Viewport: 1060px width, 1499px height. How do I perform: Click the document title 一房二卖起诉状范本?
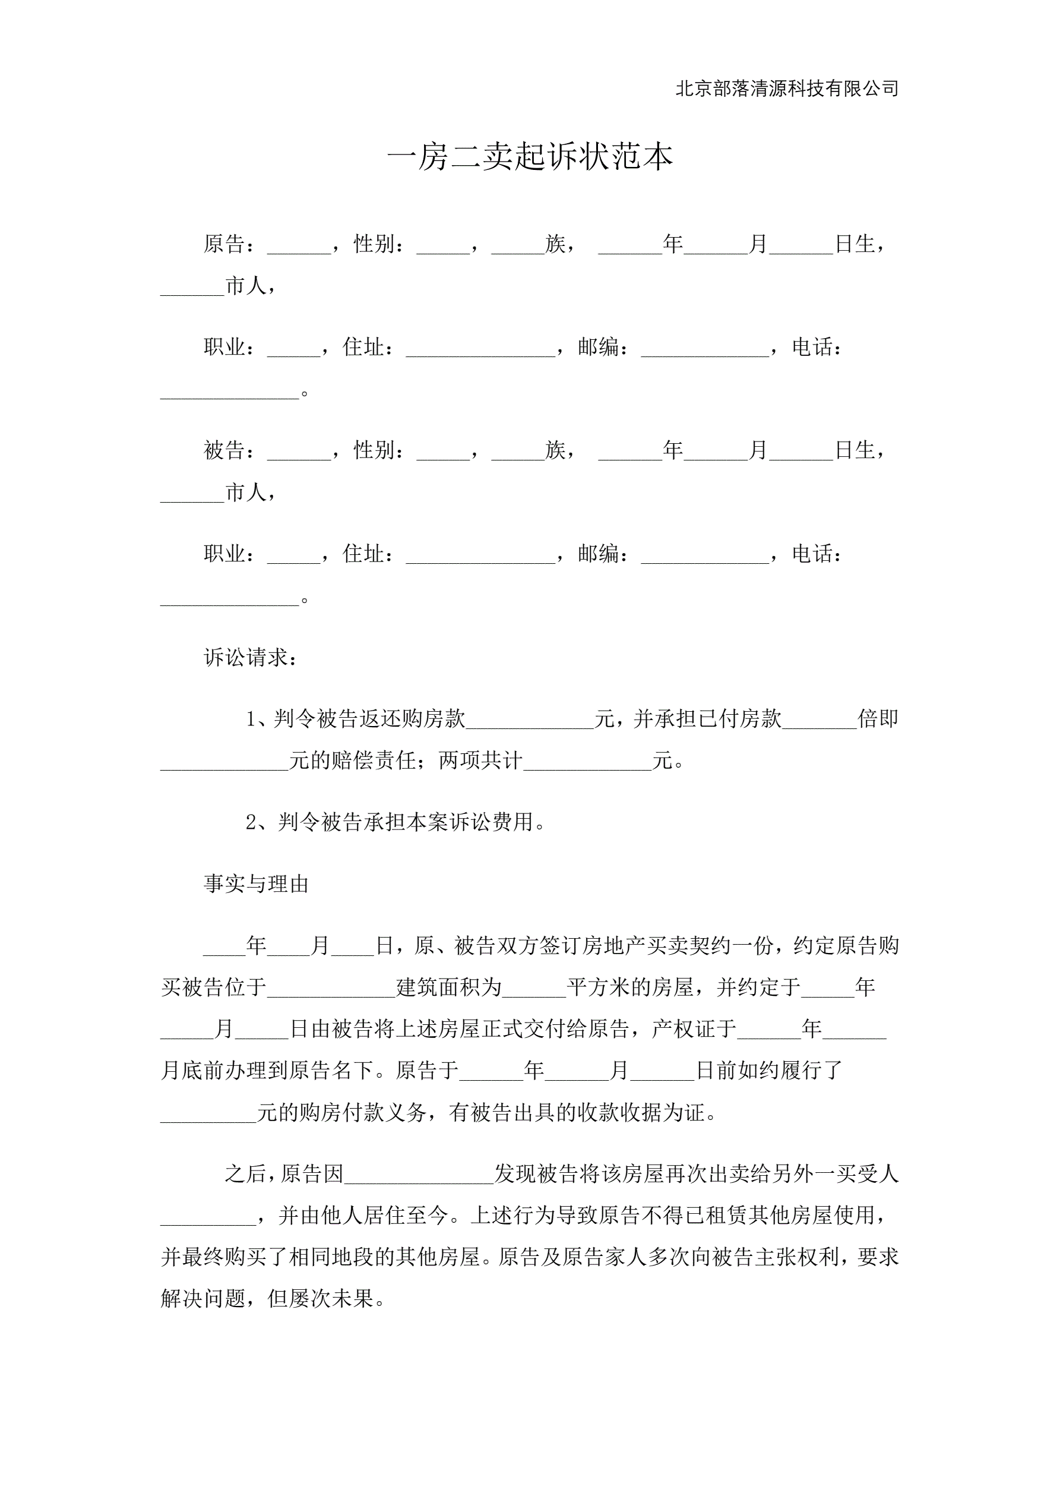coord(529,157)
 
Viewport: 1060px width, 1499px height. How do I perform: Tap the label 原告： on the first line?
coord(229,244)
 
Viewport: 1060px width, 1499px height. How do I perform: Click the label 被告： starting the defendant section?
coord(229,450)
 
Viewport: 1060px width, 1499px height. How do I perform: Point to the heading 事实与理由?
coord(256,884)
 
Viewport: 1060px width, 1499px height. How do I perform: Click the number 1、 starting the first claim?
coord(257,719)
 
